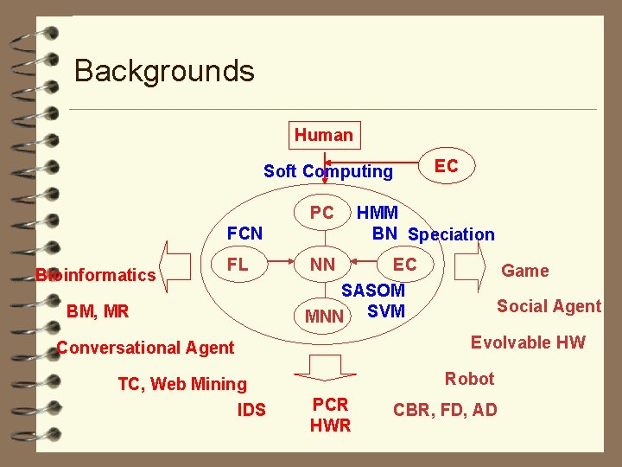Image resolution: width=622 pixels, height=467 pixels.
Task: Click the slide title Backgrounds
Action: point(164,70)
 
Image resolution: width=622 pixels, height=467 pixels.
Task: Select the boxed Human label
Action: point(323,135)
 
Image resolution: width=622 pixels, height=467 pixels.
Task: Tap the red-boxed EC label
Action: point(446,166)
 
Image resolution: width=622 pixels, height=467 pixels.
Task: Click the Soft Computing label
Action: point(327,171)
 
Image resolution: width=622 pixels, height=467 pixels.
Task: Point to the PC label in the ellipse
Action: point(321,213)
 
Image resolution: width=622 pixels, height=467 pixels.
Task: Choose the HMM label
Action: point(378,213)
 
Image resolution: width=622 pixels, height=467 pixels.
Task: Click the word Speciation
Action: point(451,234)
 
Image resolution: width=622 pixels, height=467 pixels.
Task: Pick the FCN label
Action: point(244,233)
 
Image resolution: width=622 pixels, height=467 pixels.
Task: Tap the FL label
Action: point(238,265)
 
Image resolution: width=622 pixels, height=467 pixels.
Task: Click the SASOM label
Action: point(373,291)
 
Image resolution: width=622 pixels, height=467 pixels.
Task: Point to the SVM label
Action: point(385,311)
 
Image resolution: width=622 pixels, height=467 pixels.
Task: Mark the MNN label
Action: point(325,317)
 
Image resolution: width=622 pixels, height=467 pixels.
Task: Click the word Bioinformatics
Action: point(95,276)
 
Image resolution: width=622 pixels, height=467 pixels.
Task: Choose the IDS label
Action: point(251,409)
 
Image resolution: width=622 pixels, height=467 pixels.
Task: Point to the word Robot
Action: point(469,379)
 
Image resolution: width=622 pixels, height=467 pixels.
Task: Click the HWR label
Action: point(330,425)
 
